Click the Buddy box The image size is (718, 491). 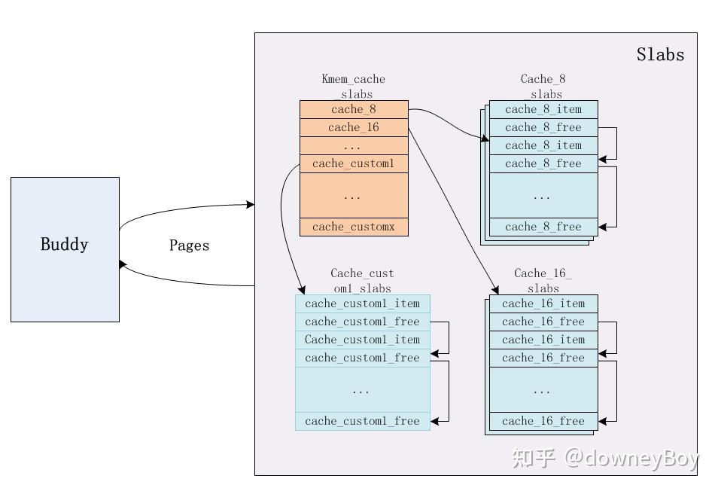[x=65, y=249]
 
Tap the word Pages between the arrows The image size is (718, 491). [x=189, y=245]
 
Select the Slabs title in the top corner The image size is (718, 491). [x=660, y=54]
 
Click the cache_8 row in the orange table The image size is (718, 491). [x=354, y=109]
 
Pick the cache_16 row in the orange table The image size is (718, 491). [x=354, y=127]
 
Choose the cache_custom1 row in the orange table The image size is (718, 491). [x=354, y=163]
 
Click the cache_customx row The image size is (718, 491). [x=354, y=227]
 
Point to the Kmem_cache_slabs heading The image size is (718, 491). [x=353, y=86]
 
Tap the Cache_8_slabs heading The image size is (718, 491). [x=543, y=86]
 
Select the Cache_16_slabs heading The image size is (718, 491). [x=543, y=280]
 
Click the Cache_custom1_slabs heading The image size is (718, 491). [x=362, y=280]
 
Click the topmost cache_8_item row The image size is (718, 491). [x=543, y=109]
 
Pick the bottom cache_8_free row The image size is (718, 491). [x=543, y=227]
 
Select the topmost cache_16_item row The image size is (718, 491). [x=543, y=303]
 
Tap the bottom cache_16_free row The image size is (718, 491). [x=543, y=421]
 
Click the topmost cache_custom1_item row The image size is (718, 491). [x=362, y=303]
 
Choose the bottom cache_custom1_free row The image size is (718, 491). [x=362, y=421]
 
